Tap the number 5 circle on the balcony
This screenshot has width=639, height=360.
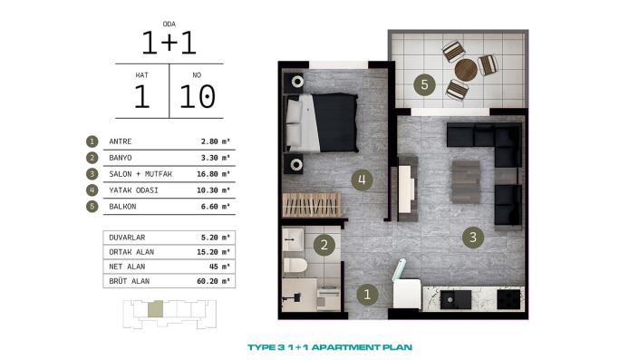pyautogui.click(x=423, y=86)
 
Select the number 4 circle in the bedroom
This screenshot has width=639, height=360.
pyautogui.click(x=361, y=180)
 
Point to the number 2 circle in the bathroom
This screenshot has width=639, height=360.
pyautogui.click(x=322, y=244)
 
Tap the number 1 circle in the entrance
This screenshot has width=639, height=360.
pyautogui.click(x=366, y=294)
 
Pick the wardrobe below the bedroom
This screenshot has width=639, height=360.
pyautogui.click(x=313, y=204)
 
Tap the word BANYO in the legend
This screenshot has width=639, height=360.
pyautogui.click(x=121, y=158)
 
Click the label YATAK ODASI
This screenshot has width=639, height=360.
pyautogui.click(x=133, y=190)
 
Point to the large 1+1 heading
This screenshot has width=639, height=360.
pyautogui.click(x=169, y=42)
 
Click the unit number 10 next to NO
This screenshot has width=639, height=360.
pyautogui.click(x=197, y=95)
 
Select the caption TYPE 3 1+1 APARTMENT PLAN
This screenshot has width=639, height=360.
pyautogui.click(x=330, y=346)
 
